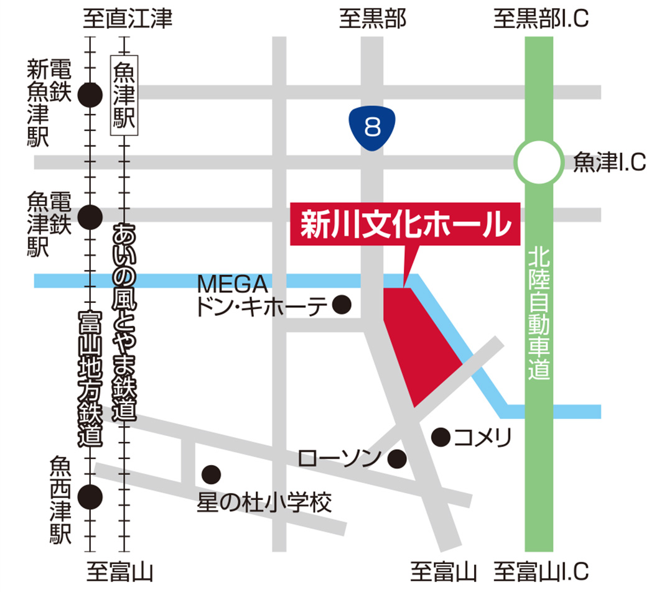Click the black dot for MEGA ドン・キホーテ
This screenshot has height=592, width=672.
pos(342,305)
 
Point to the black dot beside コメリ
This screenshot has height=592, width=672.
pos(441,438)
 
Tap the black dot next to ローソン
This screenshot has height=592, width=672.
pos(397,460)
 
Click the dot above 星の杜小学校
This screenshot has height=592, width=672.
pos(212,474)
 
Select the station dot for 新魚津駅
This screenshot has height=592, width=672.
pos(91,95)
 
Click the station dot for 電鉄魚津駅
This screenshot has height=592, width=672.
pos(91,216)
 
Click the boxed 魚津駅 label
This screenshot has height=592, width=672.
pos(124,95)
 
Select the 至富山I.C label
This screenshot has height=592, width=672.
pos(541,571)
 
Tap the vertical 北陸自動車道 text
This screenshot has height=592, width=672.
pos(538,314)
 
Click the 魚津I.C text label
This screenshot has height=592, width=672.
pos(609,163)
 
